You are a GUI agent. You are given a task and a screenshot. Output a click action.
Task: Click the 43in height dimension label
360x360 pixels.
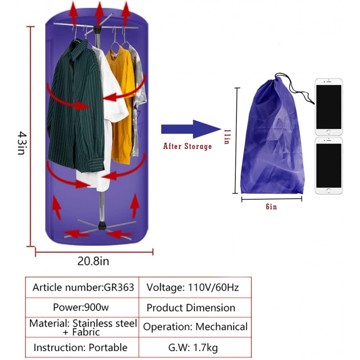tap(23, 143)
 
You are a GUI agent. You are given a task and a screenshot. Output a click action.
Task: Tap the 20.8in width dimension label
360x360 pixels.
tap(93, 261)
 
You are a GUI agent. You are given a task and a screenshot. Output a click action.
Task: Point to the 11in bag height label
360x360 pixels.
tap(227, 137)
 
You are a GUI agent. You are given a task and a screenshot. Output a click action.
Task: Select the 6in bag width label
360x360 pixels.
tap(271, 207)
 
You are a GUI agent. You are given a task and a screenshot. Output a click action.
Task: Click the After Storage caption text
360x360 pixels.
tap(187, 146)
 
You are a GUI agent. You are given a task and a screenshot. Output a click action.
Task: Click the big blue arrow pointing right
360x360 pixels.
tap(191, 129)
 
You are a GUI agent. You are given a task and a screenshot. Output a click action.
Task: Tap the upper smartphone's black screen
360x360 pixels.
tap(328, 107)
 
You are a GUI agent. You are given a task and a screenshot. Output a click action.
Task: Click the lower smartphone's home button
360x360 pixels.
tap(328, 190)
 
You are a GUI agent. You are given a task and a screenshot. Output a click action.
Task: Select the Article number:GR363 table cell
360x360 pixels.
tap(82, 288)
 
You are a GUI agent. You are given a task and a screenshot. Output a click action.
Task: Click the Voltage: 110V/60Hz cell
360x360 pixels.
tap(195, 288)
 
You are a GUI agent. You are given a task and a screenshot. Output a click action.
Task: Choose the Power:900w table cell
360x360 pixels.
tap(82, 307)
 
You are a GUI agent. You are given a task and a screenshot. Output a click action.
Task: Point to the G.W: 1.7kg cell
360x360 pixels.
tap(195, 347)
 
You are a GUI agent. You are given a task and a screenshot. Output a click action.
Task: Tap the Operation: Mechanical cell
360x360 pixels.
tap(195, 327)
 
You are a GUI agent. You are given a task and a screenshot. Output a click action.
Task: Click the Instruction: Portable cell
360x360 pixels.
tap(82, 347)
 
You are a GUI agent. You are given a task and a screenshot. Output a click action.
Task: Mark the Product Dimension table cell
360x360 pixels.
tap(195, 307)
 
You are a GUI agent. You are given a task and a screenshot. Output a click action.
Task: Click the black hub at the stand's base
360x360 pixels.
tap(102, 225)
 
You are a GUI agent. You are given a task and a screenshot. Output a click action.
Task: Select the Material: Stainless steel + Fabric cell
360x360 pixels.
tap(82, 327)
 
